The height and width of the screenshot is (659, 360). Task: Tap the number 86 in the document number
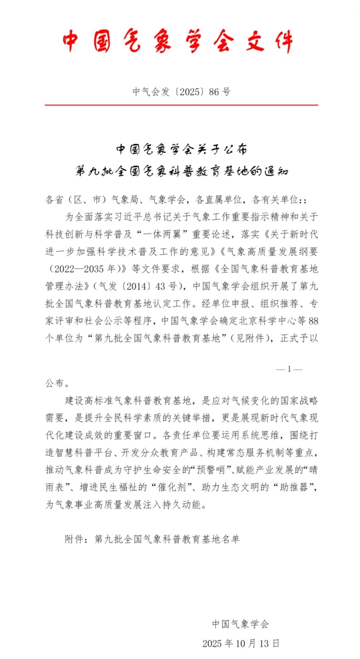coord(214,92)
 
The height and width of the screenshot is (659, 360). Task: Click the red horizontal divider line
coord(181,105)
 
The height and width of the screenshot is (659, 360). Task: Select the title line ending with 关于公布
coord(181,149)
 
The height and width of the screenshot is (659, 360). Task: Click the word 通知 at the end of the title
coord(276,171)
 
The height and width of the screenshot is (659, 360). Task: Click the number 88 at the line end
coord(313,321)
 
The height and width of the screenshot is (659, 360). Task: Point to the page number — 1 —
coord(289,369)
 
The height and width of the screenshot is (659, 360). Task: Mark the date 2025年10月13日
coord(241,643)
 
